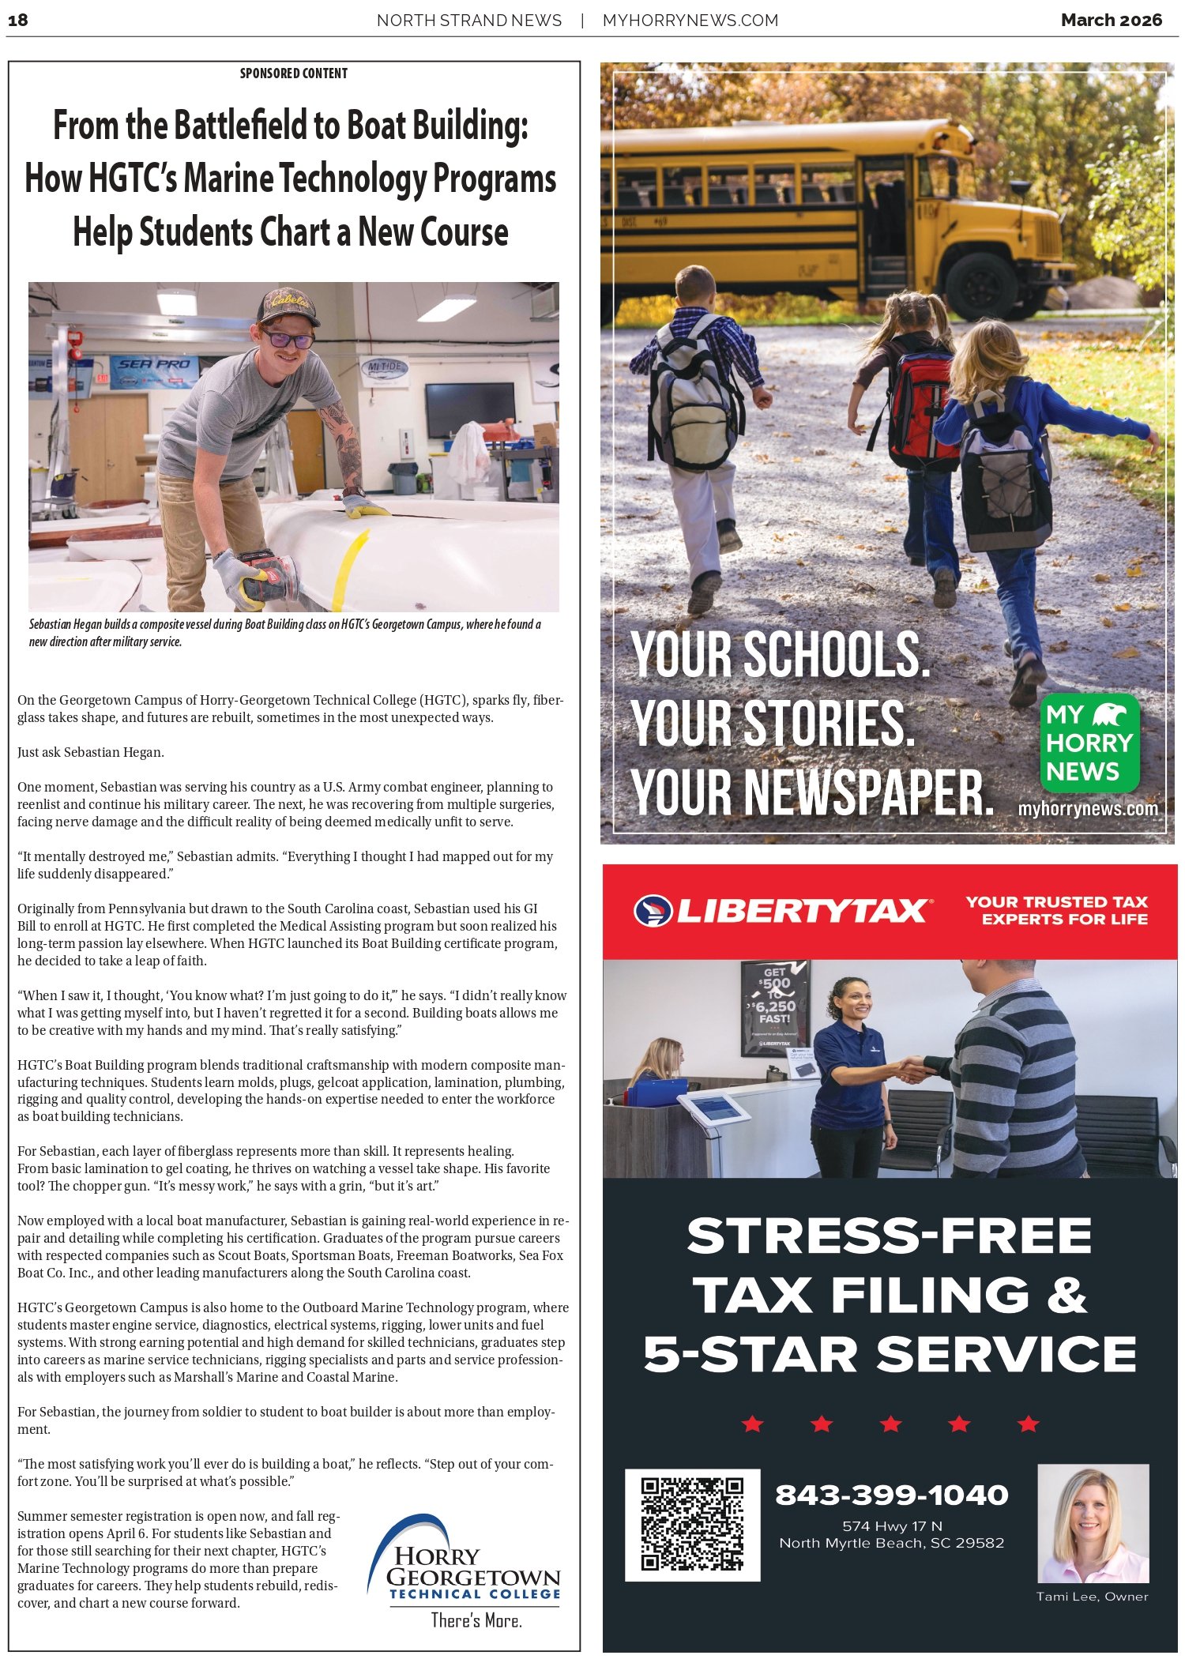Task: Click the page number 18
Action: [x=17, y=21]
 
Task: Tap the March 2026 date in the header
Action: [x=1111, y=21]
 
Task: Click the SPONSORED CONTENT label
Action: [x=293, y=73]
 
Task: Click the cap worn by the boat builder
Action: [x=286, y=306]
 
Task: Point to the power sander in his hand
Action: [x=270, y=574]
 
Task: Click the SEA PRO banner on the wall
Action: [x=154, y=365]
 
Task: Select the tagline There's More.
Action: [x=476, y=1621]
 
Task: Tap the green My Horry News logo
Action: [x=1089, y=743]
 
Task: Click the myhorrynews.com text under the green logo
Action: [x=1088, y=809]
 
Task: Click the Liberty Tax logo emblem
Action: [x=653, y=910]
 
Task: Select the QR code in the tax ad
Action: [x=692, y=1525]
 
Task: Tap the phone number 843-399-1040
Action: [x=891, y=1495]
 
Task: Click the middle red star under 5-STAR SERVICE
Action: [x=890, y=1424]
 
